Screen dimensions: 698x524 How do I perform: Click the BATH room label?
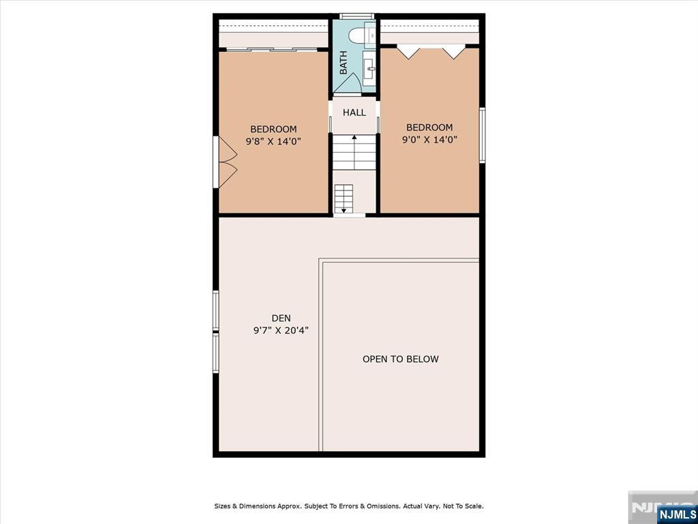(x=344, y=63)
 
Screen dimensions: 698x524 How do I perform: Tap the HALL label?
(x=354, y=113)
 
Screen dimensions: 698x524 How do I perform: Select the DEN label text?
(x=281, y=318)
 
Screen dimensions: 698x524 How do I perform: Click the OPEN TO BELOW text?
(x=401, y=359)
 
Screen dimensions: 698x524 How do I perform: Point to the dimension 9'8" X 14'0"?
(x=274, y=142)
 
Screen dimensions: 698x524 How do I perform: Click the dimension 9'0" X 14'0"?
(x=429, y=140)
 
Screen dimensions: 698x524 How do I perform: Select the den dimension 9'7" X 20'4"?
(x=281, y=331)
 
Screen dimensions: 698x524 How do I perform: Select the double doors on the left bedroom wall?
(x=225, y=162)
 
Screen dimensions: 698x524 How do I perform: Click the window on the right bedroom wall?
(x=482, y=136)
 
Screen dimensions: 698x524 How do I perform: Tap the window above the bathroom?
(x=356, y=16)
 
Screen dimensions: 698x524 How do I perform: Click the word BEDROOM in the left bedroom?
(x=273, y=129)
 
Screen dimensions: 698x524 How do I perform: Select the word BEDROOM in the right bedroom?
(x=429, y=128)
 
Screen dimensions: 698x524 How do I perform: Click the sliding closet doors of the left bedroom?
(x=268, y=49)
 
